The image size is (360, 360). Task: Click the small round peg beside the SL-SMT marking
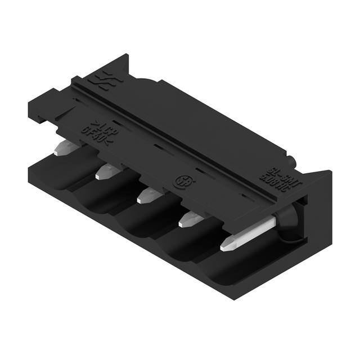pos(290,164)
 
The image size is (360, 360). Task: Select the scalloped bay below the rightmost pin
pos(236,276)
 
